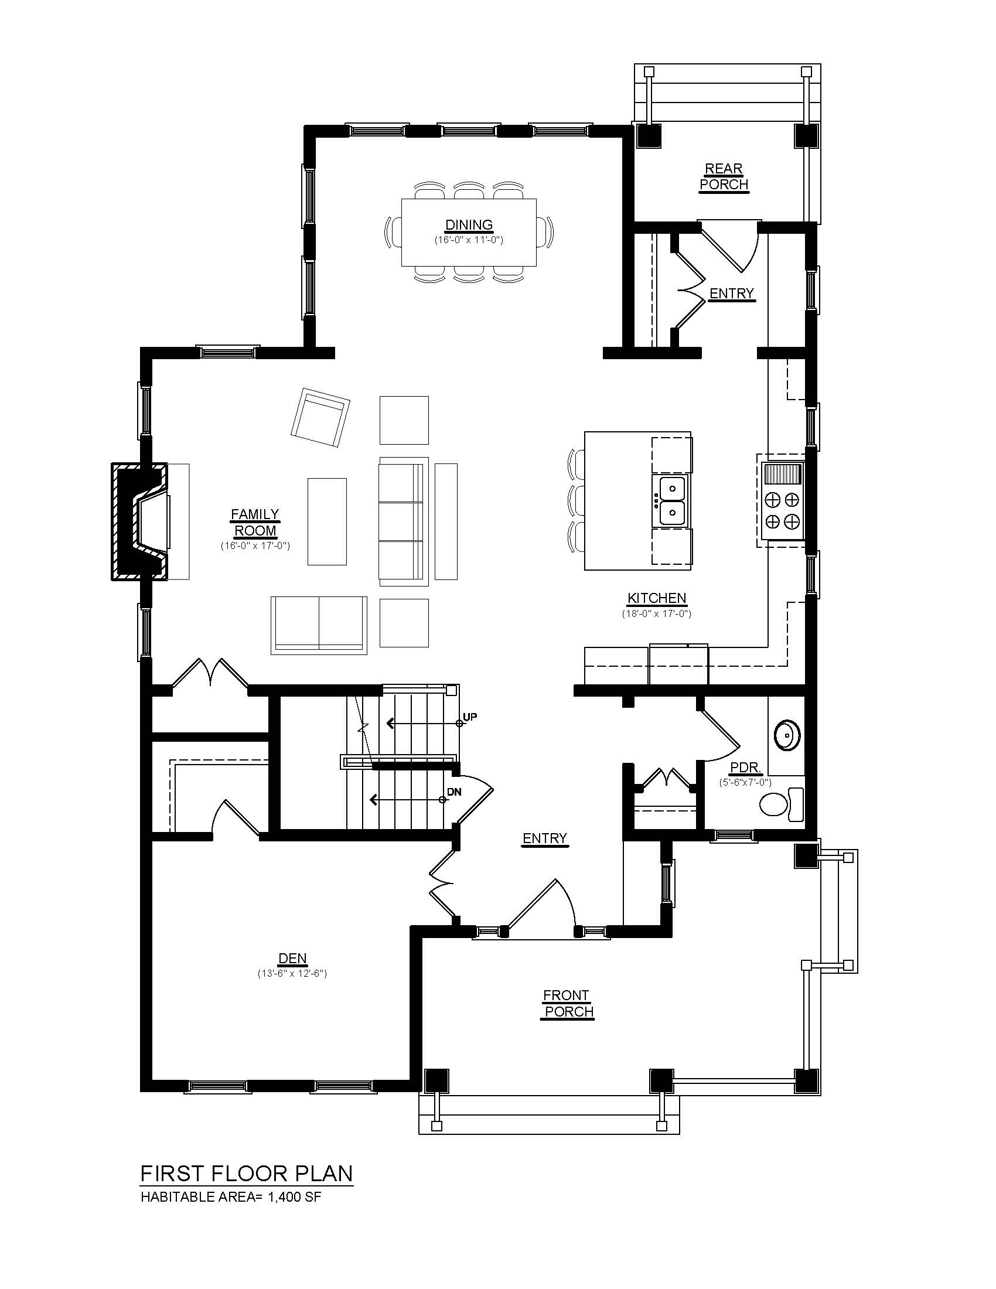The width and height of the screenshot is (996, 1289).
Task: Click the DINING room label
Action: click(x=469, y=225)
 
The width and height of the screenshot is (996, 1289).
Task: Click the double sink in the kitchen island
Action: click(x=671, y=500)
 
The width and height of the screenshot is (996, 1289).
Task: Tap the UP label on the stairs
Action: click(x=470, y=717)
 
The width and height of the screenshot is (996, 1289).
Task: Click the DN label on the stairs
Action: click(x=453, y=792)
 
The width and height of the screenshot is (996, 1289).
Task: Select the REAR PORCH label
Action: click(x=724, y=176)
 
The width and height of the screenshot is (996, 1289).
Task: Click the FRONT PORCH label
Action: click(x=567, y=1003)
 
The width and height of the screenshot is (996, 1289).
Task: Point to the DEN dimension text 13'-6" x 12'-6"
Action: click(x=292, y=973)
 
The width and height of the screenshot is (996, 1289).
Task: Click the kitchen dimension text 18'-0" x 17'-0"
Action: click(x=656, y=613)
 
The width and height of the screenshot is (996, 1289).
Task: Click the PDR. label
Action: click(x=746, y=768)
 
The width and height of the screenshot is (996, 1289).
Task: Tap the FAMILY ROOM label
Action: click(x=255, y=522)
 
